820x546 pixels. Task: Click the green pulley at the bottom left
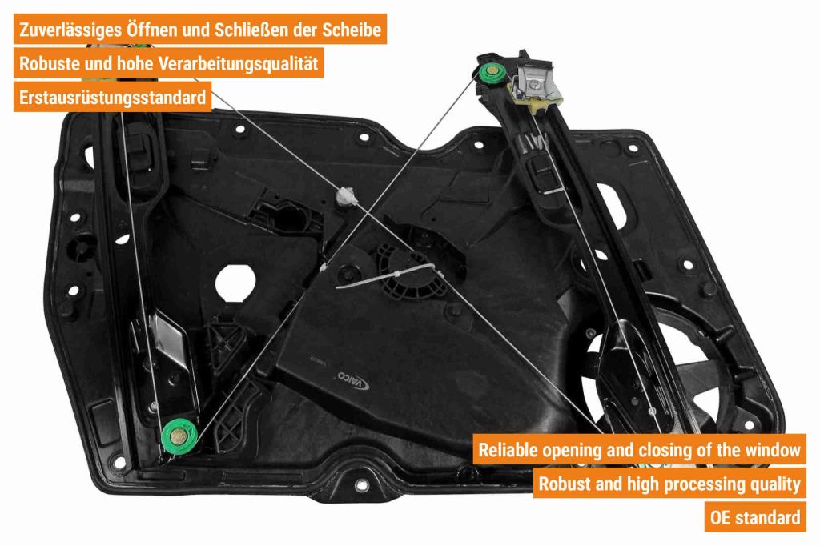pyautogui.click(x=179, y=436)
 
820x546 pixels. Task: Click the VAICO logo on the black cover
pyautogui.click(x=353, y=381)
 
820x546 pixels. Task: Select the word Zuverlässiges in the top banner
pyautogui.click(x=70, y=30)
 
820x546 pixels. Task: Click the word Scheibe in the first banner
pyautogui.click(x=351, y=30)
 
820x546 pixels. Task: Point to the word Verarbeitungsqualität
pyautogui.click(x=238, y=64)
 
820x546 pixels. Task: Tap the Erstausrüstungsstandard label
pyautogui.click(x=112, y=98)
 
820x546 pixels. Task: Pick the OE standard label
pyautogui.click(x=755, y=517)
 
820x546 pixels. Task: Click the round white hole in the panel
pyautogui.click(x=235, y=283)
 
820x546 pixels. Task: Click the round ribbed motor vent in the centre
pyautogui.click(x=407, y=272)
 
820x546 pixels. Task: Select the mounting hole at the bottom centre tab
pyautogui.click(x=361, y=485)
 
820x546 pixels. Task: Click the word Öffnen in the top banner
pyautogui.click(x=151, y=30)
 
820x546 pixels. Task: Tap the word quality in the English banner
pyautogui.click(x=775, y=484)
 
